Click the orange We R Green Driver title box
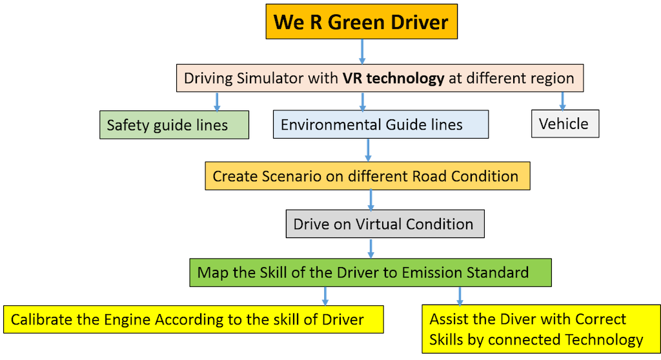coord(361,23)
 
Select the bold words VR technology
coord(393,79)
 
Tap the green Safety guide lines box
coord(174,125)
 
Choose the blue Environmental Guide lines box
coord(380,125)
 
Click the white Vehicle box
coord(565,124)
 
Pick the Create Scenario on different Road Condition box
coord(367,176)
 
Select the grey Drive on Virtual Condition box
coord(385,225)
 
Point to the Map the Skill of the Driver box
coord(371,272)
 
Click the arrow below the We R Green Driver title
coord(362,51)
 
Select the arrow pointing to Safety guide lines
coord(217,101)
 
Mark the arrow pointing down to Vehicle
coord(562,101)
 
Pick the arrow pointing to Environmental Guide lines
coord(362,101)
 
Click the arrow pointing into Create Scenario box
coord(369,150)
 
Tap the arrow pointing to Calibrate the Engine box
coord(325,295)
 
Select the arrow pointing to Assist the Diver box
coord(460,295)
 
